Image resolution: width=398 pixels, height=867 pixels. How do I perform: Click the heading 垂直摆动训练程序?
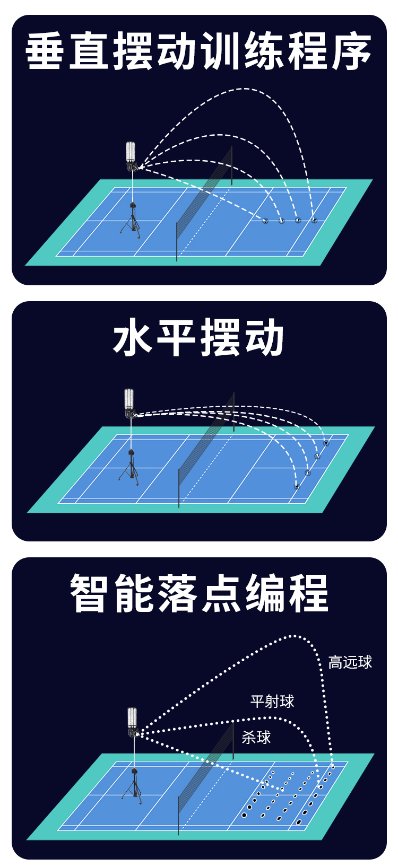[198, 51]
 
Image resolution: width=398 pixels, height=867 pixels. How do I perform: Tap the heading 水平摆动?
[198, 338]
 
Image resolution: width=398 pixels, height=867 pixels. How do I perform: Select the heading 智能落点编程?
[199, 593]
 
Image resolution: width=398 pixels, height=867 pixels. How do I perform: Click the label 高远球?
[350, 662]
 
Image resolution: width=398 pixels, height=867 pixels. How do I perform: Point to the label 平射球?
[272, 702]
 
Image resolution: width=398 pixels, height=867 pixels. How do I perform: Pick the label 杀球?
[256, 737]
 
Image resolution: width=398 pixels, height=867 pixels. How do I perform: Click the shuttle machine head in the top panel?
[131, 156]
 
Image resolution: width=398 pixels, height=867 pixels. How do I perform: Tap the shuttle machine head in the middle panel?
[129, 404]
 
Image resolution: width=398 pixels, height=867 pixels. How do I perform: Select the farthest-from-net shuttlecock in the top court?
[314, 220]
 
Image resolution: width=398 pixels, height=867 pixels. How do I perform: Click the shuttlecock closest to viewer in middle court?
[297, 487]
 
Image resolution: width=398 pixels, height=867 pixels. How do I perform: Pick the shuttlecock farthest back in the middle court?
[326, 443]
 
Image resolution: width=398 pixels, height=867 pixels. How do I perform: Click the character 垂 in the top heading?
[47, 51]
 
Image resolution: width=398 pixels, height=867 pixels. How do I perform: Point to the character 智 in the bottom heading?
[90, 593]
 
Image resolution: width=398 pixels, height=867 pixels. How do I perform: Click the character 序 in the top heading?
[350, 51]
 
